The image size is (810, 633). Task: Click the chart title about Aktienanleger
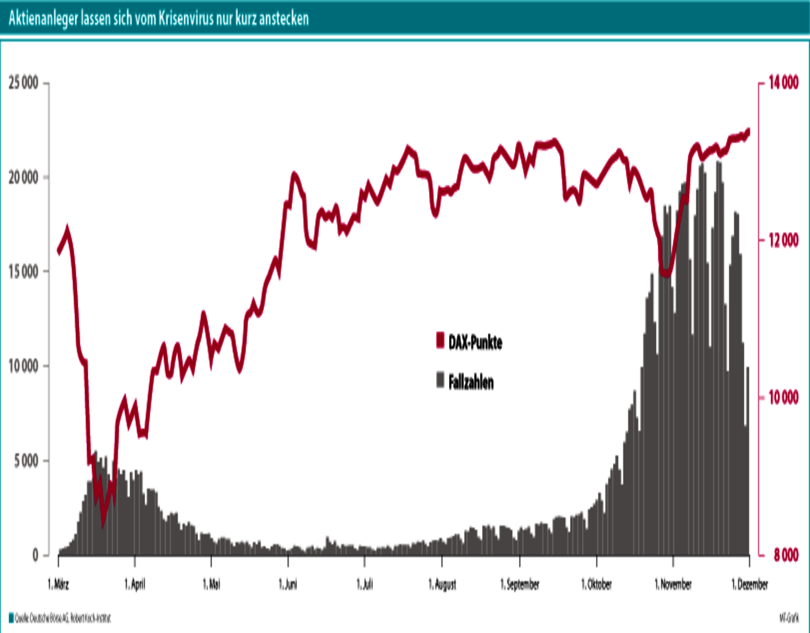[158, 18]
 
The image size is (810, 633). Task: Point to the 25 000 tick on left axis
[23, 83]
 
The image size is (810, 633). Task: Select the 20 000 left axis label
[23, 177]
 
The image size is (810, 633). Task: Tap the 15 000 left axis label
[23, 272]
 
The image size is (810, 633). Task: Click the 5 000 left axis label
[26, 461]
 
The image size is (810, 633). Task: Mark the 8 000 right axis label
[785, 555]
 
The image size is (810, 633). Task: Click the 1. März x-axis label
[59, 584]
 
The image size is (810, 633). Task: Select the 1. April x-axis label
[135, 584]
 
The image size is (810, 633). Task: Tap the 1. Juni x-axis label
[288, 584]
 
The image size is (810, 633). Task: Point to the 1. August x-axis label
[442, 584]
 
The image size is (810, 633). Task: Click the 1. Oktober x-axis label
[596, 584]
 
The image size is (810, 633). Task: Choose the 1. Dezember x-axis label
[749, 584]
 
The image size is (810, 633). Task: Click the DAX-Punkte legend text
[475, 343]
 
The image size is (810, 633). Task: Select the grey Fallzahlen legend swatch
[440, 381]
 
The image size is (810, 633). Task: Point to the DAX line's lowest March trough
[104, 523]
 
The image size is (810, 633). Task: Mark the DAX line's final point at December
[748, 132]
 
